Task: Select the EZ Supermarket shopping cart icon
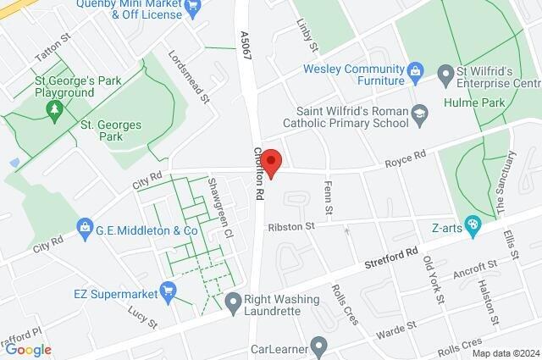click(168, 293)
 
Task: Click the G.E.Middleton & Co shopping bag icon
click(85, 229)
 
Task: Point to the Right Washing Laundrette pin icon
click(233, 300)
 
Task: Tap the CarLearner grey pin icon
click(318, 345)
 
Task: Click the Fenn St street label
click(329, 205)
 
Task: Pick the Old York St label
click(432, 280)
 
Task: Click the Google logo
click(28, 349)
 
